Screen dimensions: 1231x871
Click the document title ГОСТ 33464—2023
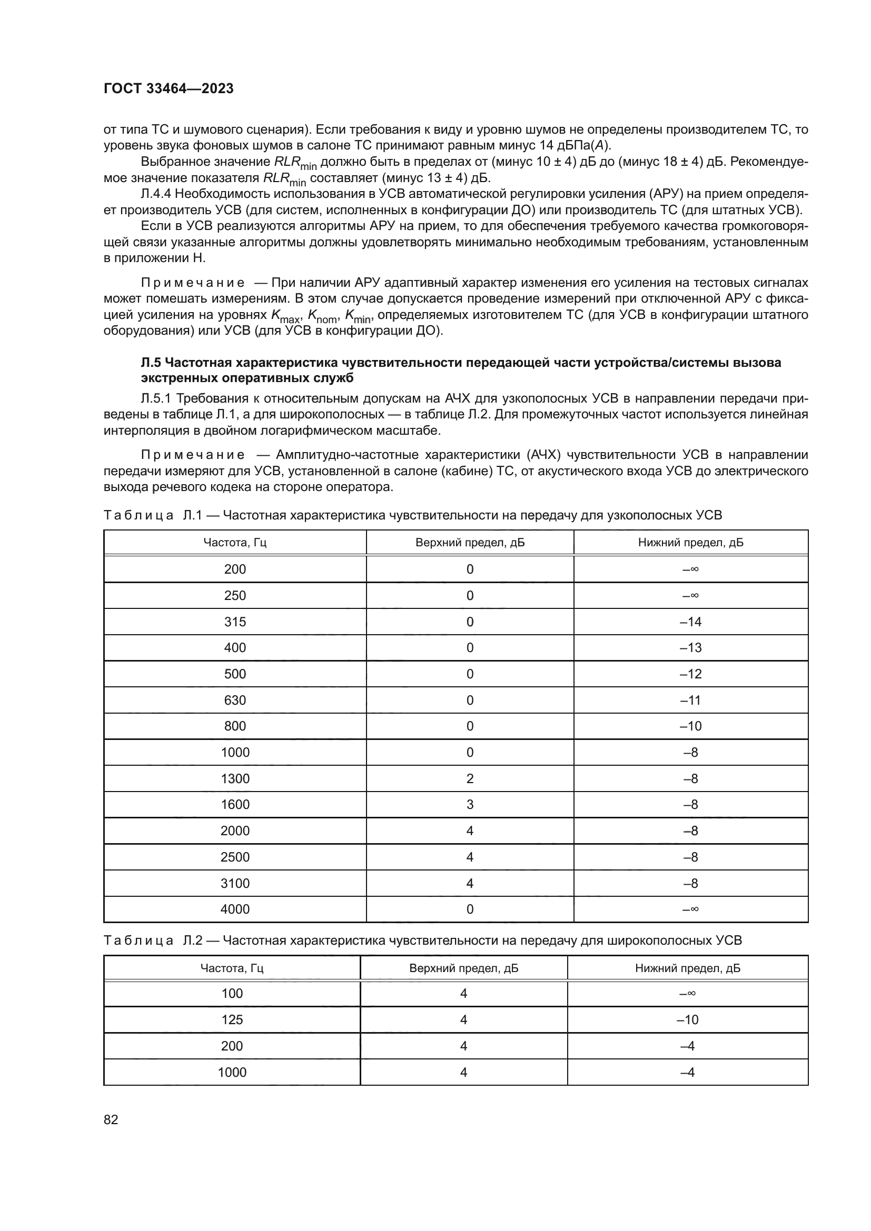169,89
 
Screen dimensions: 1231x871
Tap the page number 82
111,1119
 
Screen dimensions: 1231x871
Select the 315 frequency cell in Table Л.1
235,622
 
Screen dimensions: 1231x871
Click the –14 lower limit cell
690,622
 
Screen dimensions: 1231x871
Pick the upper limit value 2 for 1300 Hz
470,778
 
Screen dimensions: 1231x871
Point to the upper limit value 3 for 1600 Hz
470,804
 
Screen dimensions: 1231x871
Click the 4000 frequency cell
235,909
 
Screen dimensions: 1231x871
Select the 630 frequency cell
235,700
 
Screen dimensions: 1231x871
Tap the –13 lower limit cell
690,648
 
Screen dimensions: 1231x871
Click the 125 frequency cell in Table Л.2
232,1020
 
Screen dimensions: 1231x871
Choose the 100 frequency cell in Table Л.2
232,994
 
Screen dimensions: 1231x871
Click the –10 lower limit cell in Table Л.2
688,1020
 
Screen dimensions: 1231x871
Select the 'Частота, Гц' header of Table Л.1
235,543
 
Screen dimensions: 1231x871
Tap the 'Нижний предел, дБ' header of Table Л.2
688,968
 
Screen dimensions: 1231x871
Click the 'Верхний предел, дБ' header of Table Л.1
470,543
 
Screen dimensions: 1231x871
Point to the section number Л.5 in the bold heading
151,363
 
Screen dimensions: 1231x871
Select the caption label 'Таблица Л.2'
152,940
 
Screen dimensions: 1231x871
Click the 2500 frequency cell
235,857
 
